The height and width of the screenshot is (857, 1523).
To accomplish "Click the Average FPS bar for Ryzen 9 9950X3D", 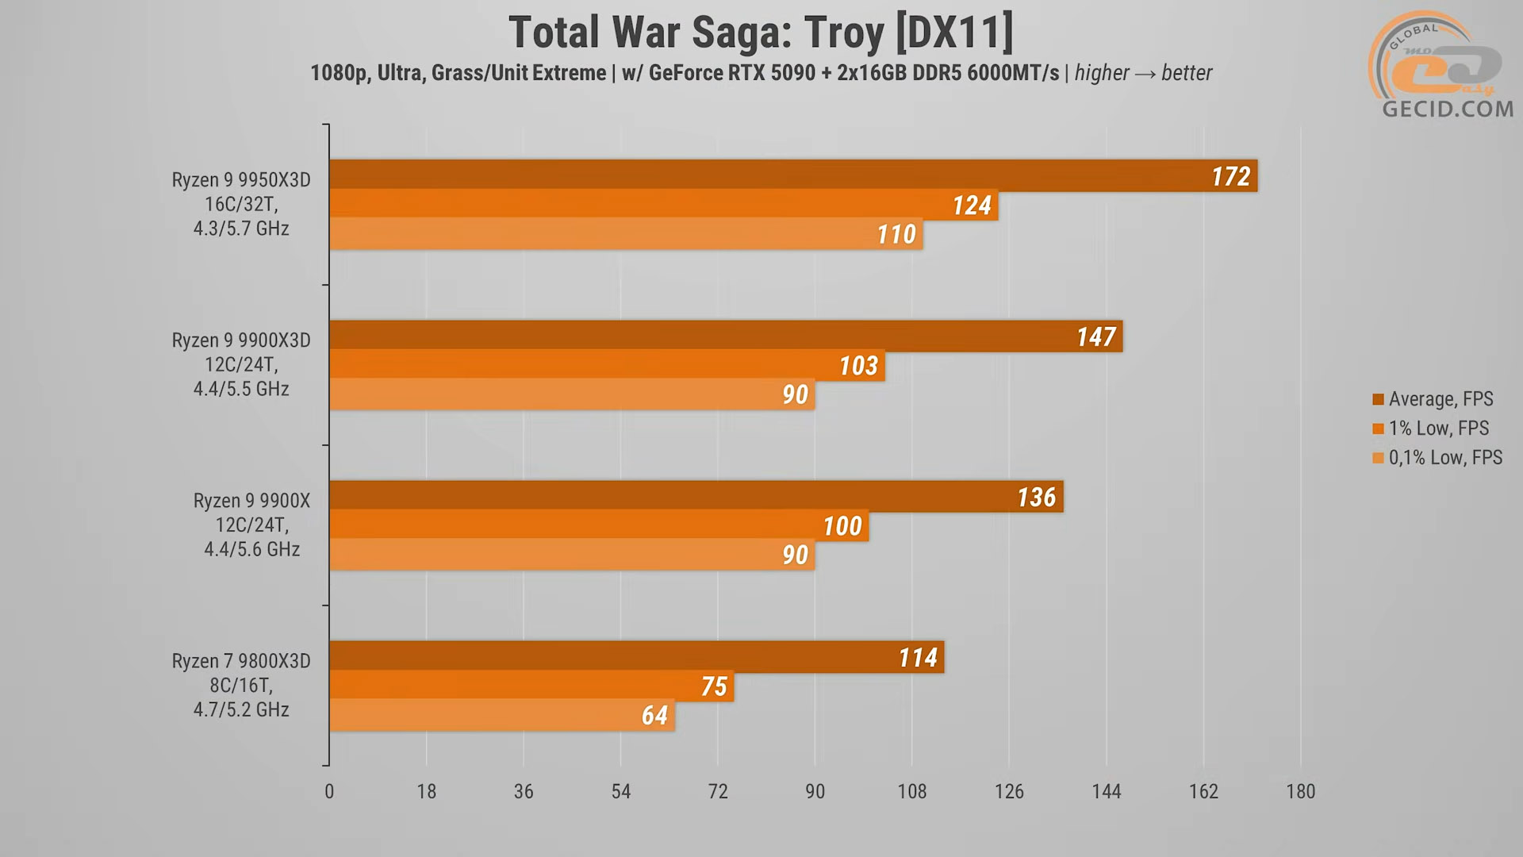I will pyautogui.click(x=793, y=175).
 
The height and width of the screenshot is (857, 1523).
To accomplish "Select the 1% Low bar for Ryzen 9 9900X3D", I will pyautogui.click(x=607, y=365).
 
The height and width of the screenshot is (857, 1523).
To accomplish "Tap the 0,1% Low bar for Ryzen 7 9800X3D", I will pyautogui.click(x=501, y=715).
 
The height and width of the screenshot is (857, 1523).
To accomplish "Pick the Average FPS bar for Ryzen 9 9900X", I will pyautogui.click(x=696, y=496).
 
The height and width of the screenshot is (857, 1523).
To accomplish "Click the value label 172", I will pyautogui.click(x=1230, y=176).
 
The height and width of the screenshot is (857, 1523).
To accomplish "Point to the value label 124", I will pyautogui.click(x=972, y=206).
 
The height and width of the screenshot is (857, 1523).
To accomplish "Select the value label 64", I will pyautogui.click(x=654, y=715).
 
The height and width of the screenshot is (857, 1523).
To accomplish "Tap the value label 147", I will pyautogui.click(x=1095, y=336).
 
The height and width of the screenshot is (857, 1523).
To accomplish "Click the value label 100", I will pyautogui.click(x=842, y=525).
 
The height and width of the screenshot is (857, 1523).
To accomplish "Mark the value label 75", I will pyautogui.click(x=714, y=686).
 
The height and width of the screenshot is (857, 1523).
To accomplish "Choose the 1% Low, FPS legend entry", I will pyautogui.click(x=1430, y=428).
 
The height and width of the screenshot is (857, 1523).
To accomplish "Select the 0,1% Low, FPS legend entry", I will pyautogui.click(x=1437, y=458).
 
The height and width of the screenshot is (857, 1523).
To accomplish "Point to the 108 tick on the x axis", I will pyautogui.click(x=912, y=791).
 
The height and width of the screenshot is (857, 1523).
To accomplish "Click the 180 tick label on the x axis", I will pyautogui.click(x=1300, y=791).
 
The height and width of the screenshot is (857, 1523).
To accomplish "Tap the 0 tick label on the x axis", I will pyautogui.click(x=329, y=791).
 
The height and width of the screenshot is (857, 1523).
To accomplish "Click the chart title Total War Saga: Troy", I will pyautogui.click(x=761, y=33).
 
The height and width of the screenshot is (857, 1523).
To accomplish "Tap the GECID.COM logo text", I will pyautogui.click(x=1448, y=109).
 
